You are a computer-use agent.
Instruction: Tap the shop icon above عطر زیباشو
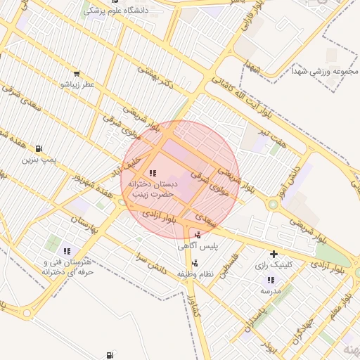point(76,72)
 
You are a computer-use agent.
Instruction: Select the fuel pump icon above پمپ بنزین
point(38,148)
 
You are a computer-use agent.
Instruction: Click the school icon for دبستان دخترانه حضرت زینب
point(153,173)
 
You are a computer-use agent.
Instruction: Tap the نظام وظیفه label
point(194,273)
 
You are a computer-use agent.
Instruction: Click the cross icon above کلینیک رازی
point(274,254)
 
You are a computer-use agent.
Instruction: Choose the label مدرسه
point(271,290)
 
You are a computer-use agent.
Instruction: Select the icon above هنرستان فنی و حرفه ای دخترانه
point(67,250)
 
